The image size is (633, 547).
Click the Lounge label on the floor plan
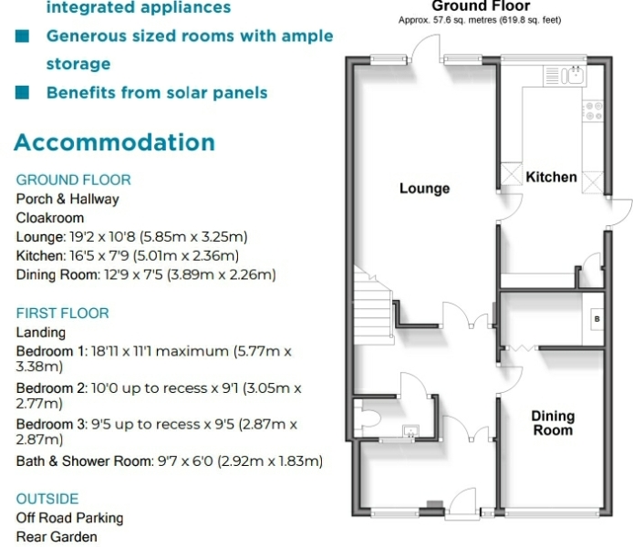pos(424,189)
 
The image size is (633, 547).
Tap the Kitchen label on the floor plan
pos(551,177)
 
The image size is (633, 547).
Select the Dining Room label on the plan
pos(553,423)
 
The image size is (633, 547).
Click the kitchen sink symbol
pos(565,76)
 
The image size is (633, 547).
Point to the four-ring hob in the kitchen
pos(593,111)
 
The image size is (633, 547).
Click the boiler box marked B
pos(597,319)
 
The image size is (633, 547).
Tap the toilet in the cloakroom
pos(368,418)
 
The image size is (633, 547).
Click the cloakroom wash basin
pos(410,431)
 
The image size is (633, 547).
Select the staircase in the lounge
pos(373,305)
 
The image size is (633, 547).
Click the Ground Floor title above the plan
pos(481,6)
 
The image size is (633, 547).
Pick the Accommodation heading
pos(115,142)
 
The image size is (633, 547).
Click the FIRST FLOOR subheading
pos(63,313)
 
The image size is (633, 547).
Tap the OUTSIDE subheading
pos(47,499)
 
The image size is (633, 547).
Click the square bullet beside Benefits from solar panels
pos(22,92)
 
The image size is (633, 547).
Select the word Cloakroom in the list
pos(50,218)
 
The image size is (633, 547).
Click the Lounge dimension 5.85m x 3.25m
pos(193,236)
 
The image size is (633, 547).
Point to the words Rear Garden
pos(57,537)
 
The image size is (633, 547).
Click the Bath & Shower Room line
pos(170,460)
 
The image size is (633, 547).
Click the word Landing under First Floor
pos(41,333)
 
